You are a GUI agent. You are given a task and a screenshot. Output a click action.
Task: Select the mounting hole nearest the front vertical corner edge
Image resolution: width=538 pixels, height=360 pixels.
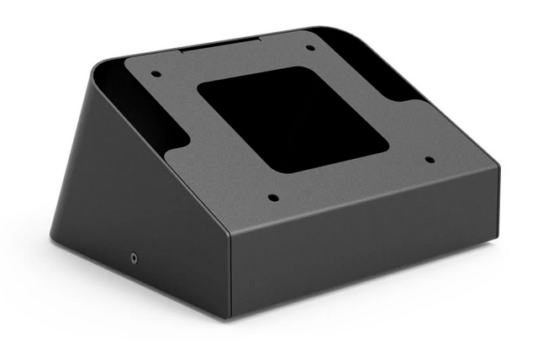pyautogui.click(x=272, y=199)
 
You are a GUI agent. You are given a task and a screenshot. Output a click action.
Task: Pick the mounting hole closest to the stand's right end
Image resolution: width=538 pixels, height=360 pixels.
pyautogui.click(x=429, y=159)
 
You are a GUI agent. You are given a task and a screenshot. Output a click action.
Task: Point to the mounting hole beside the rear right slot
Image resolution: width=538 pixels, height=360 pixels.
pyautogui.click(x=310, y=47)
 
